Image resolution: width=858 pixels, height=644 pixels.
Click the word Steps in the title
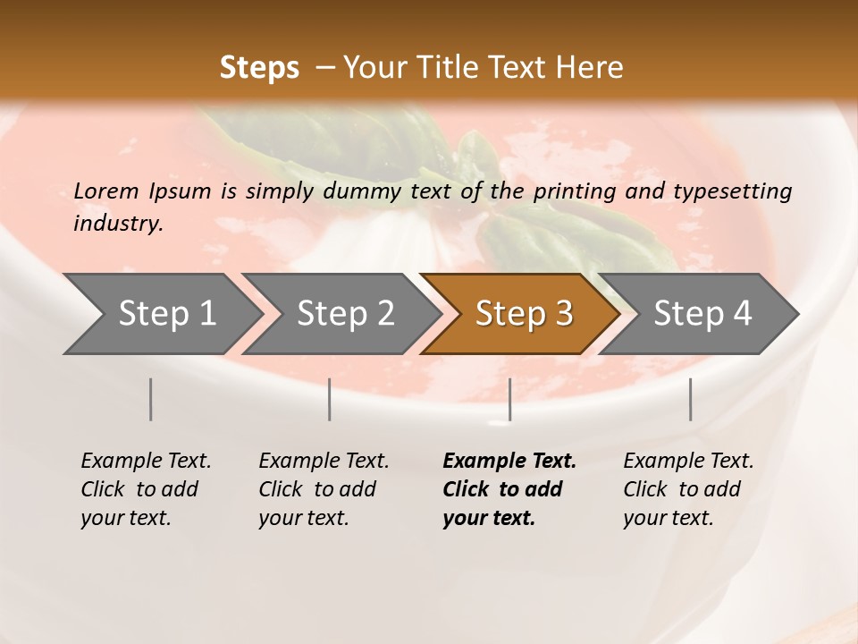click(x=259, y=68)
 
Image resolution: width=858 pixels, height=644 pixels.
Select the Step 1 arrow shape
click(x=161, y=314)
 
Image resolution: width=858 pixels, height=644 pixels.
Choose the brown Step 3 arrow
click(x=522, y=314)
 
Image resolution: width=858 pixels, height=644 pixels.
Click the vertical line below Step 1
click(x=150, y=399)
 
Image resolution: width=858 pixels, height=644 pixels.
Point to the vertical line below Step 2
click(x=330, y=399)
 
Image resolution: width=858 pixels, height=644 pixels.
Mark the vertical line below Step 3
click(x=509, y=399)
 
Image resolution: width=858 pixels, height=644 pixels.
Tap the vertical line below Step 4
click(x=690, y=399)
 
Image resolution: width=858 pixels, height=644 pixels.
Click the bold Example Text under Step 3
click(x=509, y=462)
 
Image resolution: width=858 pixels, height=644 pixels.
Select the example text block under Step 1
click(x=146, y=489)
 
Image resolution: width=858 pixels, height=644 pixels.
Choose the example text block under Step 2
click(x=324, y=489)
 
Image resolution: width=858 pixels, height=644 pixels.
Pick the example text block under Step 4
click(x=688, y=489)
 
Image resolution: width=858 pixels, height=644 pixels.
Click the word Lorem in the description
click(x=106, y=191)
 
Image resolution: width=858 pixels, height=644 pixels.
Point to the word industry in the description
click(x=118, y=224)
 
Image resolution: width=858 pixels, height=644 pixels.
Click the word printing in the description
click(x=573, y=191)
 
